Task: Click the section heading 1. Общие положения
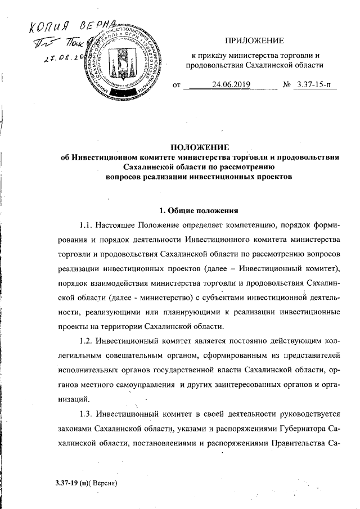tap(200, 211)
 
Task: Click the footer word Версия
tap(103, 483)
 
